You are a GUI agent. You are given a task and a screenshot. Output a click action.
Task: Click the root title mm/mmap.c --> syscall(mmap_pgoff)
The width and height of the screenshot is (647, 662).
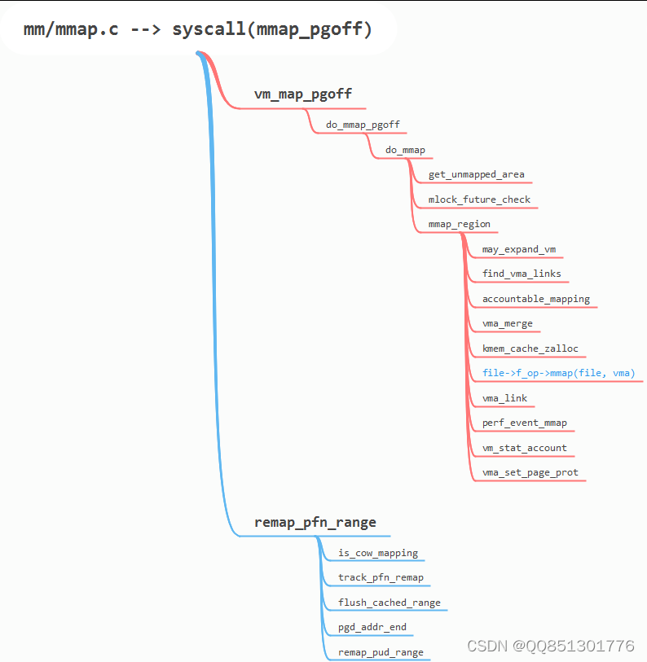click(198, 30)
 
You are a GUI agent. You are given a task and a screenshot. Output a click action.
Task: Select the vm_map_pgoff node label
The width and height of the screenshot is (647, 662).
click(303, 94)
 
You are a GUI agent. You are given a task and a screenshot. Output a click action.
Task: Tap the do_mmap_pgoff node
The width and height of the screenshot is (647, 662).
click(363, 125)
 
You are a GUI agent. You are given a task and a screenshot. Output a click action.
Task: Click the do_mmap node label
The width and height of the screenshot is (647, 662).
click(405, 150)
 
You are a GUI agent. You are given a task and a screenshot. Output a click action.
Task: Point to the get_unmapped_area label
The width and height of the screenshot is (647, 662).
click(477, 174)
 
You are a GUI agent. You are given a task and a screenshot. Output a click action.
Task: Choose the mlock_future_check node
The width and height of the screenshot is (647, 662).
click(479, 199)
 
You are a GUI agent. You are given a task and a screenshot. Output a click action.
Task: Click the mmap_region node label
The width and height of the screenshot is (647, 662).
click(460, 224)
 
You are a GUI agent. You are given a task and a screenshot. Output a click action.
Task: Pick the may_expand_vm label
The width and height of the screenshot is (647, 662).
click(519, 249)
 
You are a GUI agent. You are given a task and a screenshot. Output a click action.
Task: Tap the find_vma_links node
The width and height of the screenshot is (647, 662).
click(522, 274)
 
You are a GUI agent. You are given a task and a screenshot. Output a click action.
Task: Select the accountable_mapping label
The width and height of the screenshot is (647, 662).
click(536, 299)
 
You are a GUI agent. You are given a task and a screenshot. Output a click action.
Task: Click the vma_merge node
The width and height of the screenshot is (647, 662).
click(507, 323)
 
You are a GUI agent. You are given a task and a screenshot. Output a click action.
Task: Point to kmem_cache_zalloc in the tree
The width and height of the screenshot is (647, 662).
click(530, 349)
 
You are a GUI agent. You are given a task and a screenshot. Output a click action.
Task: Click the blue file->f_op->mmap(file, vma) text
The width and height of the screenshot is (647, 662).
click(558, 374)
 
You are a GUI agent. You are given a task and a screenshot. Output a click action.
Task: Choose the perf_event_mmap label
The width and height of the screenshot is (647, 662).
click(524, 423)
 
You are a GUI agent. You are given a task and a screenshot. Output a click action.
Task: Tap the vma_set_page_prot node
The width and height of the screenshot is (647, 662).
click(530, 472)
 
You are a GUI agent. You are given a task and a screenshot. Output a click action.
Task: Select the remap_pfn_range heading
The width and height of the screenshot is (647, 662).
click(315, 522)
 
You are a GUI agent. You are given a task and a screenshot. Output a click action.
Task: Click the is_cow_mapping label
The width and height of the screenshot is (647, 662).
click(378, 553)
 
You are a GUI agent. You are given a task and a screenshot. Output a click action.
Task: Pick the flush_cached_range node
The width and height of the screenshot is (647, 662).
click(390, 603)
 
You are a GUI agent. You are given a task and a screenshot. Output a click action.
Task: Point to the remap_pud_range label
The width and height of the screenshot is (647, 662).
click(381, 652)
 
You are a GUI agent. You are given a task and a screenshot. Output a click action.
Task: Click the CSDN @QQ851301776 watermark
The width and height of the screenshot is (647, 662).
click(550, 646)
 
